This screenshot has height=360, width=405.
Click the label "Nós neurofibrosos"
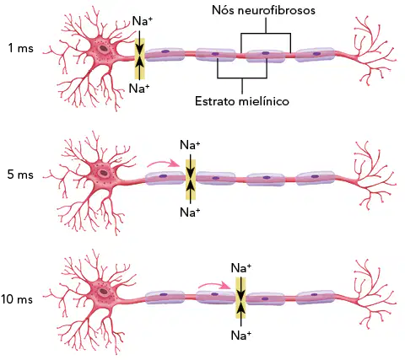[x=263, y=10]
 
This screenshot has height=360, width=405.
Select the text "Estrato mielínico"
[x=242, y=101]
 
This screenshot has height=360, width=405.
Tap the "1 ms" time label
[x=20, y=48]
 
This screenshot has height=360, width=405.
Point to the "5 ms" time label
[x=20, y=175]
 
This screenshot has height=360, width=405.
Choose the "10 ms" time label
[x=17, y=299]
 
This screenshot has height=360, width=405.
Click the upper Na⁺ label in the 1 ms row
[x=142, y=21]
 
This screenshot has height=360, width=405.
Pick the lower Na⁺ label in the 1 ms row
[x=139, y=89]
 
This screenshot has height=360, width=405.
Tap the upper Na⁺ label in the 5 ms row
[x=190, y=145]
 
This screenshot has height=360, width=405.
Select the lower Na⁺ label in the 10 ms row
[x=241, y=336]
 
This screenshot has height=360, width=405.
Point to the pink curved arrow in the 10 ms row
[x=214, y=285]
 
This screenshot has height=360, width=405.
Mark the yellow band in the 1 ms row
[x=140, y=59]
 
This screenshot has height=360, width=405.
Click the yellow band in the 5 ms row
[x=191, y=180]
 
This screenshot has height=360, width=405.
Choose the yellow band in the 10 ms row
[x=240, y=298]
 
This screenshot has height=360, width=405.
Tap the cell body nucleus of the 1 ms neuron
[x=104, y=49]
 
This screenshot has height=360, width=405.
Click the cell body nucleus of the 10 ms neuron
[x=104, y=292]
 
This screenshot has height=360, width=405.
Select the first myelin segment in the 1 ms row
[x=165, y=55]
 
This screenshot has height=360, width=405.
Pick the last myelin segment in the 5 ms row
[x=316, y=178]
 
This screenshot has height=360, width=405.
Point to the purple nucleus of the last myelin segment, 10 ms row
[x=315, y=294]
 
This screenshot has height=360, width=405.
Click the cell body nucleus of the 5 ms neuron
[x=104, y=173]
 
